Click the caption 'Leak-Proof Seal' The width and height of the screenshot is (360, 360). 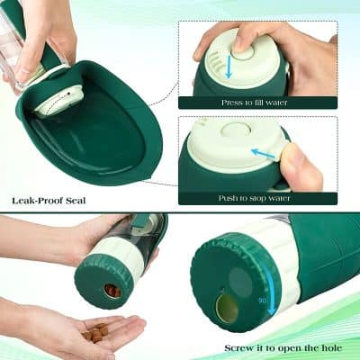[49, 200]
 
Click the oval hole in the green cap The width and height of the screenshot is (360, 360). [229, 307]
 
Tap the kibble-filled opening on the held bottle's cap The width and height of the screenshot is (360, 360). [112, 291]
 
